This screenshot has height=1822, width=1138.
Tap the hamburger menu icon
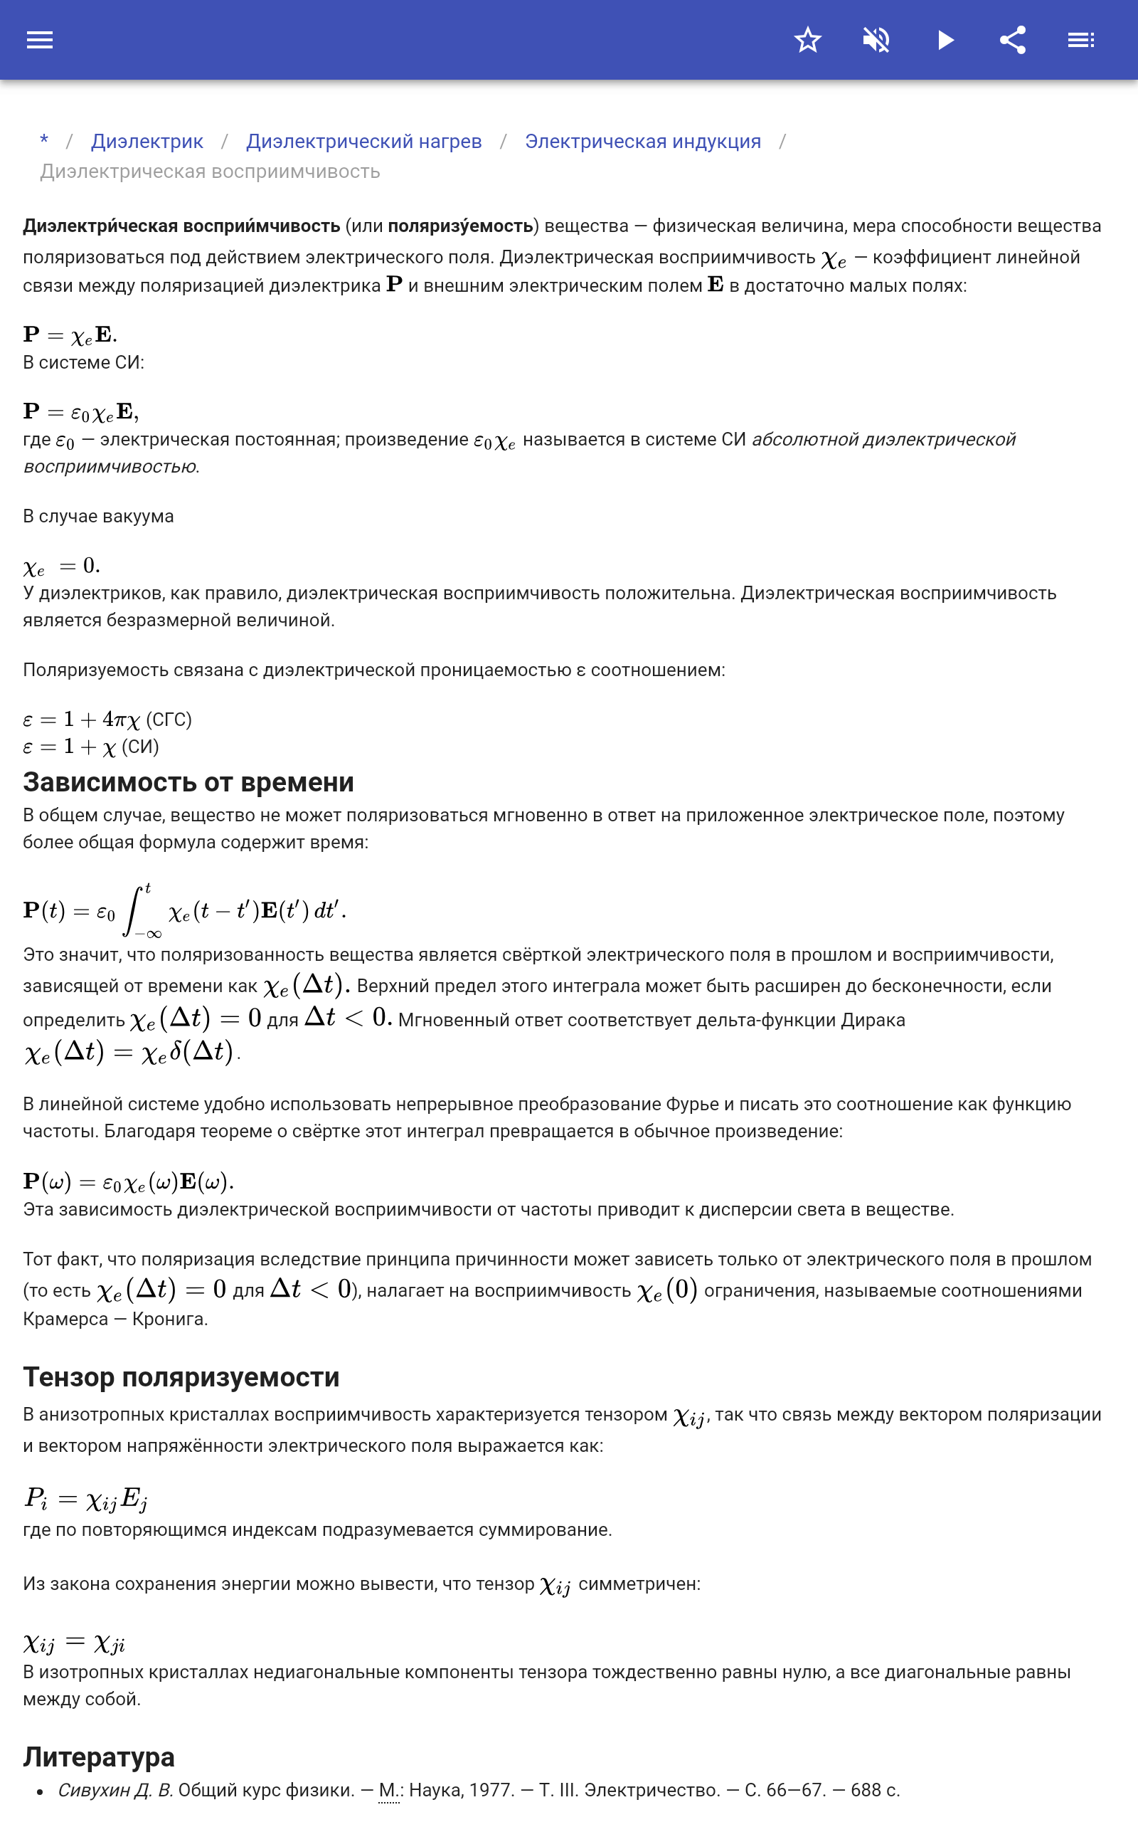click(x=40, y=40)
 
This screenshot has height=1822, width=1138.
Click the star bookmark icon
click(x=807, y=40)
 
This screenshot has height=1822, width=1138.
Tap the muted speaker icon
click(x=876, y=40)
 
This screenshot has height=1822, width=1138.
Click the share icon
click(x=1013, y=40)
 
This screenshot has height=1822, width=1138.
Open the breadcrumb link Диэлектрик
click(x=147, y=142)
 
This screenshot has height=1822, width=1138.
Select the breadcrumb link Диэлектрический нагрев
click(x=363, y=142)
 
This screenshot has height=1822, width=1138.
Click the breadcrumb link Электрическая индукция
click(x=643, y=142)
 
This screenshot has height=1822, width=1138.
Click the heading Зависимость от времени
click(x=188, y=782)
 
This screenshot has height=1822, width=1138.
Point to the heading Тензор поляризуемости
click(x=181, y=1377)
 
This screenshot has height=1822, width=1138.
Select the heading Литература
click(x=99, y=1757)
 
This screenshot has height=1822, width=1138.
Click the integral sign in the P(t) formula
click(x=134, y=910)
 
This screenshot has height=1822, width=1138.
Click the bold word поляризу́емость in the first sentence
click(x=460, y=226)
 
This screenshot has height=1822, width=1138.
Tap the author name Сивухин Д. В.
click(x=115, y=1790)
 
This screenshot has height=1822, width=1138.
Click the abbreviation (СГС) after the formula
click(x=169, y=720)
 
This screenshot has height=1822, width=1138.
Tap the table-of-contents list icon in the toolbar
click(x=1081, y=40)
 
